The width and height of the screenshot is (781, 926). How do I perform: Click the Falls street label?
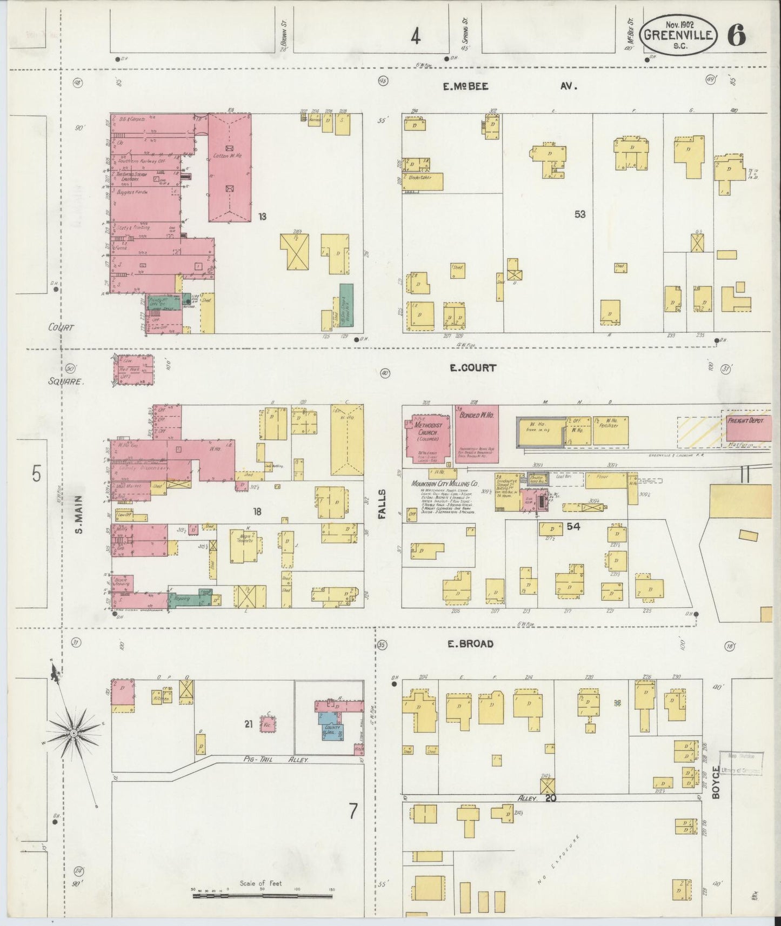pyautogui.click(x=382, y=505)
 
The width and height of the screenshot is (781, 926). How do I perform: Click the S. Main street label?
pyautogui.click(x=79, y=514)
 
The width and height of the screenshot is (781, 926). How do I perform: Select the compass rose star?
pyautogui.click(x=72, y=733)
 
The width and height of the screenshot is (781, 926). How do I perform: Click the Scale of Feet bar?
pyautogui.click(x=264, y=896)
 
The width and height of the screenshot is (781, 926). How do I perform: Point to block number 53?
pyautogui.click(x=580, y=214)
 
